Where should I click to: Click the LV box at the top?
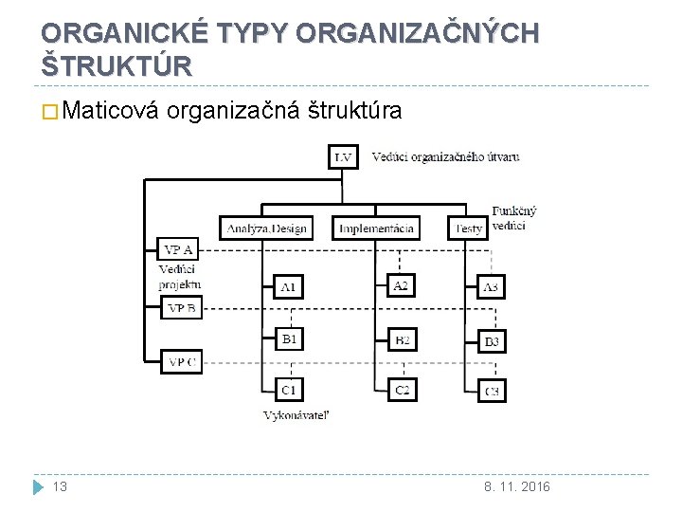pos(344,156)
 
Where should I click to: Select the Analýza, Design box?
pos(265,228)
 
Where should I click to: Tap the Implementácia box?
pos(376,228)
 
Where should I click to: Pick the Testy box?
pos(469,228)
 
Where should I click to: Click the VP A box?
pos(179,250)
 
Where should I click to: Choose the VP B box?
pos(183,307)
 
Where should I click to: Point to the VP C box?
pos(183,361)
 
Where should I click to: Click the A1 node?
pos(289,286)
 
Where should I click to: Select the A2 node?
pos(401,285)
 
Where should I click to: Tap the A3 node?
pos(491,286)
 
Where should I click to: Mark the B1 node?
pos(289,338)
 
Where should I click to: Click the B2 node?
pos(402,338)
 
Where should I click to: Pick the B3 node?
pos(492,340)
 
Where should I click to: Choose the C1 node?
pos(289,389)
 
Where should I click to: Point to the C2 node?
pos(402,389)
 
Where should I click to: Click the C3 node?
pos(492,390)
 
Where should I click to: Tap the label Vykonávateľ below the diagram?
pos(296,414)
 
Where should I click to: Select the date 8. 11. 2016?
pos(517,486)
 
